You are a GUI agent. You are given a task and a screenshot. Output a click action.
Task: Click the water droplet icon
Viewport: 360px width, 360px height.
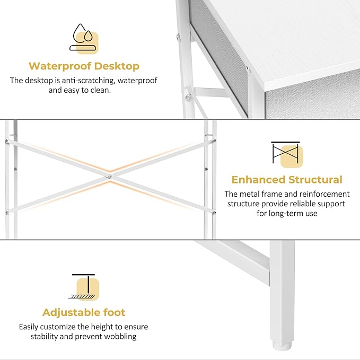(x=84, y=37)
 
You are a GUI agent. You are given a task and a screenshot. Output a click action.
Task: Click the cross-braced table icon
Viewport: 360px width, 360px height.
(x=286, y=154)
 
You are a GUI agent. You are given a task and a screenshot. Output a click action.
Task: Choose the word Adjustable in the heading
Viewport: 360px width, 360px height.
(x=69, y=312)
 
